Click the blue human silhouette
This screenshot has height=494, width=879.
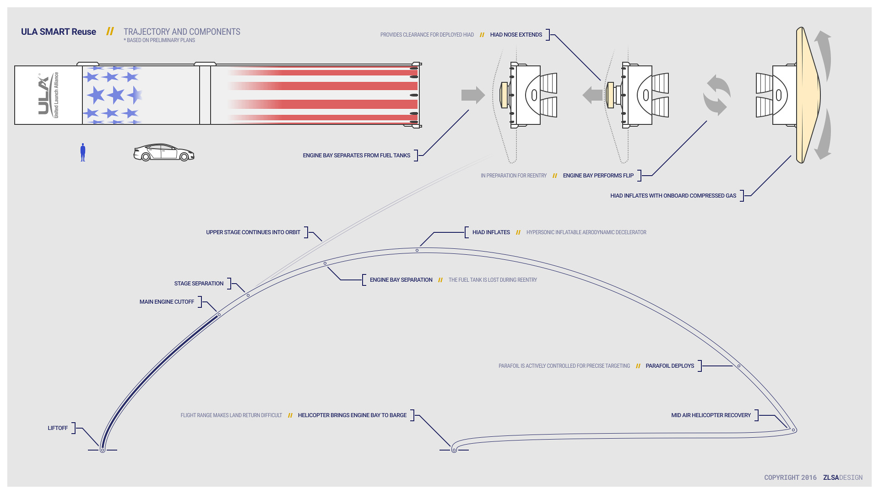pyautogui.click(x=83, y=152)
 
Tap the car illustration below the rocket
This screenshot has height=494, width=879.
pyautogui.click(x=163, y=153)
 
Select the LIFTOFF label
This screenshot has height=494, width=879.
pyautogui.click(x=58, y=428)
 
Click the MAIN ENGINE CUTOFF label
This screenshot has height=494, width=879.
pyautogui.click(x=167, y=302)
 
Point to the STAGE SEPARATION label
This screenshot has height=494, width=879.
pyautogui.click(x=199, y=284)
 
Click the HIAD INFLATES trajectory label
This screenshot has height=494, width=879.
pyautogui.click(x=491, y=232)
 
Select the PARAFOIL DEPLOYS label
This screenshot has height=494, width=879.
pyautogui.click(x=670, y=366)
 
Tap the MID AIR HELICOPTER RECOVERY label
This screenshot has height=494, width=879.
pyautogui.click(x=711, y=415)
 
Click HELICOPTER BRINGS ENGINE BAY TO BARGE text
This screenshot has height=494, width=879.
pyautogui.click(x=352, y=415)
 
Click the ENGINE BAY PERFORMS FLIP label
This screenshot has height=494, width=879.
pyautogui.click(x=598, y=176)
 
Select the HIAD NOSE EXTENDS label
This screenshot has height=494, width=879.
pyautogui.click(x=516, y=35)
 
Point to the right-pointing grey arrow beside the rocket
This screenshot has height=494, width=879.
pyautogui.click(x=473, y=95)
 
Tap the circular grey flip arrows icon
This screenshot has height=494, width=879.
pyautogui.click(x=716, y=95)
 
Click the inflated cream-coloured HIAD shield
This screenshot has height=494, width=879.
pyautogui.click(x=807, y=95)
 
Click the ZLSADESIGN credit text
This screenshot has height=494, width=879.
pyautogui.click(x=842, y=478)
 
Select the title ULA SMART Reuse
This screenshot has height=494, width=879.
pyautogui.click(x=59, y=32)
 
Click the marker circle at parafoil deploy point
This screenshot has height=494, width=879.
pyautogui.click(x=739, y=366)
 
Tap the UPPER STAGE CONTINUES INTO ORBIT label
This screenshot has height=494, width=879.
pyautogui.click(x=253, y=232)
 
